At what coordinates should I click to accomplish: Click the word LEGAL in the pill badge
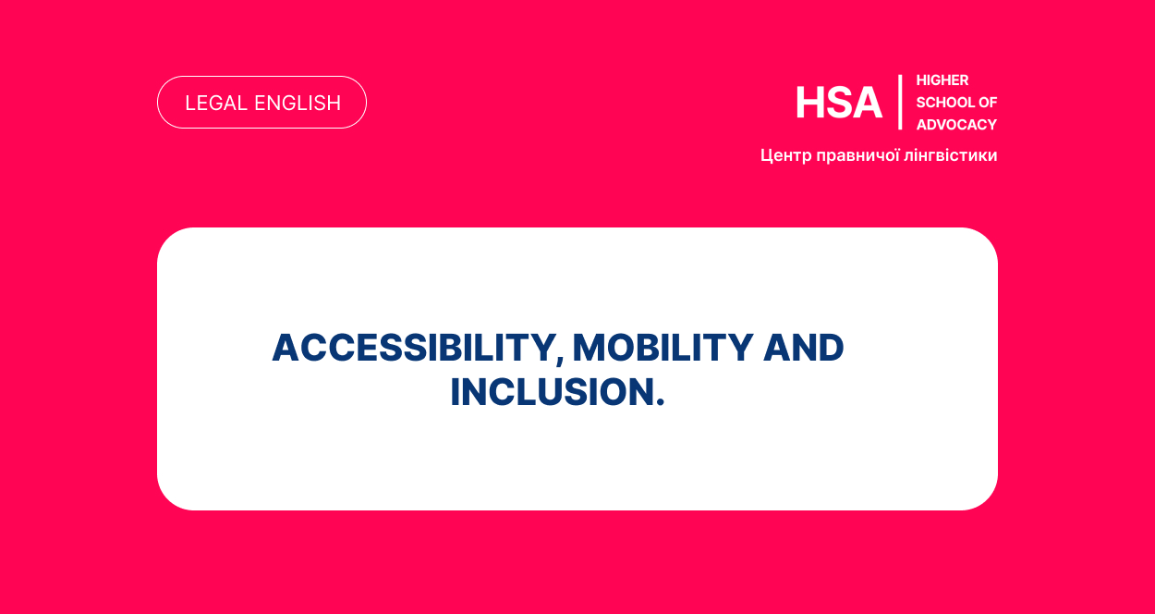(216, 104)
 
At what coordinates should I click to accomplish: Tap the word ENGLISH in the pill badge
(298, 104)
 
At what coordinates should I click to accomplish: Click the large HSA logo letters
(839, 104)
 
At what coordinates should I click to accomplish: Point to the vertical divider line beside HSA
(900, 102)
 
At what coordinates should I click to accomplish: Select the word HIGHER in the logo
(942, 80)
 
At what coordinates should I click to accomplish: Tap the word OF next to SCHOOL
(988, 103)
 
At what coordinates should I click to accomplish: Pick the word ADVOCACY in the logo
(956, 125)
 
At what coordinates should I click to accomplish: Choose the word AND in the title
(803, 348)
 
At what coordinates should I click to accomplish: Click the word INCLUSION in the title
(552, 392)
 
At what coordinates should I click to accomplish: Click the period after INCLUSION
(660, 403)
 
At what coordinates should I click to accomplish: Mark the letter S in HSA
(839, 104)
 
